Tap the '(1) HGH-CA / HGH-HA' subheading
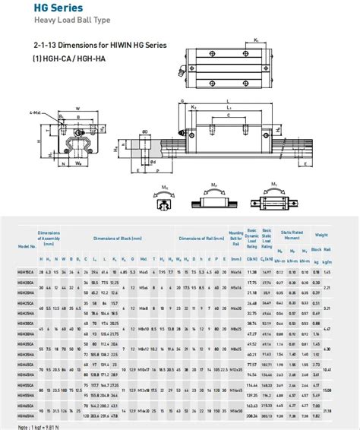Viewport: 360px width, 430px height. coord(65,58)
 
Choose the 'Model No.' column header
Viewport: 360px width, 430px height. coord(28,246)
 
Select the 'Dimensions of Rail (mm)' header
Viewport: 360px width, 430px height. coord(198,238)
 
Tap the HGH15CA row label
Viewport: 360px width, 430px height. coord(27,271)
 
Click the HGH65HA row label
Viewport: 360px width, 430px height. coord(27,416)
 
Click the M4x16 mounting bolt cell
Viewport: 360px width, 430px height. coord(236,271)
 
